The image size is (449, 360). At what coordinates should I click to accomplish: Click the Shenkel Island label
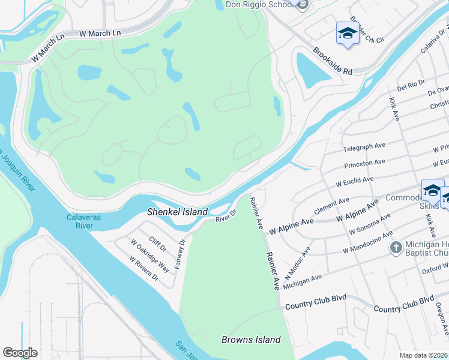(178, 212)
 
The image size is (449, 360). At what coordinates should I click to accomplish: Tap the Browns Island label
(251, 340)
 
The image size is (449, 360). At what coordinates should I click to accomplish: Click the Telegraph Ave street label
(364, 147)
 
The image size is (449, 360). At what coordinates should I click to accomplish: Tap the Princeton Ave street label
(365, 163)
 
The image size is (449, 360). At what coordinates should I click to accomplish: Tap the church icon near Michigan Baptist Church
(396, 247)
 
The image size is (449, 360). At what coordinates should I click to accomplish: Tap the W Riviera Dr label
(144, 268)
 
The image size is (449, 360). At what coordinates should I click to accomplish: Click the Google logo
(20, 353)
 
